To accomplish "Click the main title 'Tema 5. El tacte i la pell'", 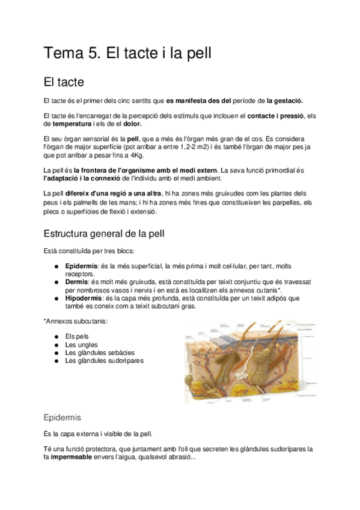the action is [127, 53].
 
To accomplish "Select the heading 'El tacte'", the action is [64, 81].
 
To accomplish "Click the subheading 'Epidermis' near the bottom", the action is [63, 417].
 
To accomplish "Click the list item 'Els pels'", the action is [76, 336].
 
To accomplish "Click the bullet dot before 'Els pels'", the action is [55, 336].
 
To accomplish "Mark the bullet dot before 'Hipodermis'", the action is [55, 297].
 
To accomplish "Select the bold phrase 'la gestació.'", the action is [285, 100].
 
